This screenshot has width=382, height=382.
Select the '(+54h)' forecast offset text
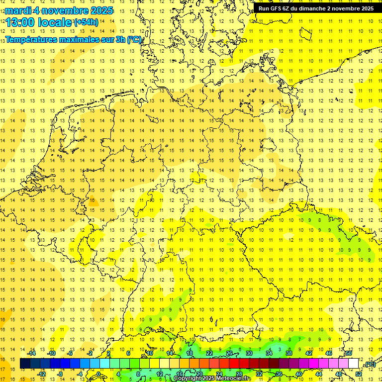tap(86, 22)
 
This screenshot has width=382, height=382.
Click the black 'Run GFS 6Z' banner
tap(316, 8)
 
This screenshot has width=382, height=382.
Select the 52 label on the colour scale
tap(359, 374)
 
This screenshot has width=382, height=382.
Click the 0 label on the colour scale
tap(98, 374)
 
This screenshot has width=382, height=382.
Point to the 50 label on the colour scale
tap(349, 353)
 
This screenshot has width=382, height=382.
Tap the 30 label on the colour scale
tap(249, 353)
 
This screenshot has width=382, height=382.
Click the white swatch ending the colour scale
tap(354, 364)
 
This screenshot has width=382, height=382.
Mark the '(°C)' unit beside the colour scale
tap(370, 364)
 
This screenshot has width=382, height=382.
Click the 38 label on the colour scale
tap(288, 353)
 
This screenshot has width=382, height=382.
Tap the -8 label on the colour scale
tap(60, 374)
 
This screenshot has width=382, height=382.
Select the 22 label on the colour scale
tap(209, 353)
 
